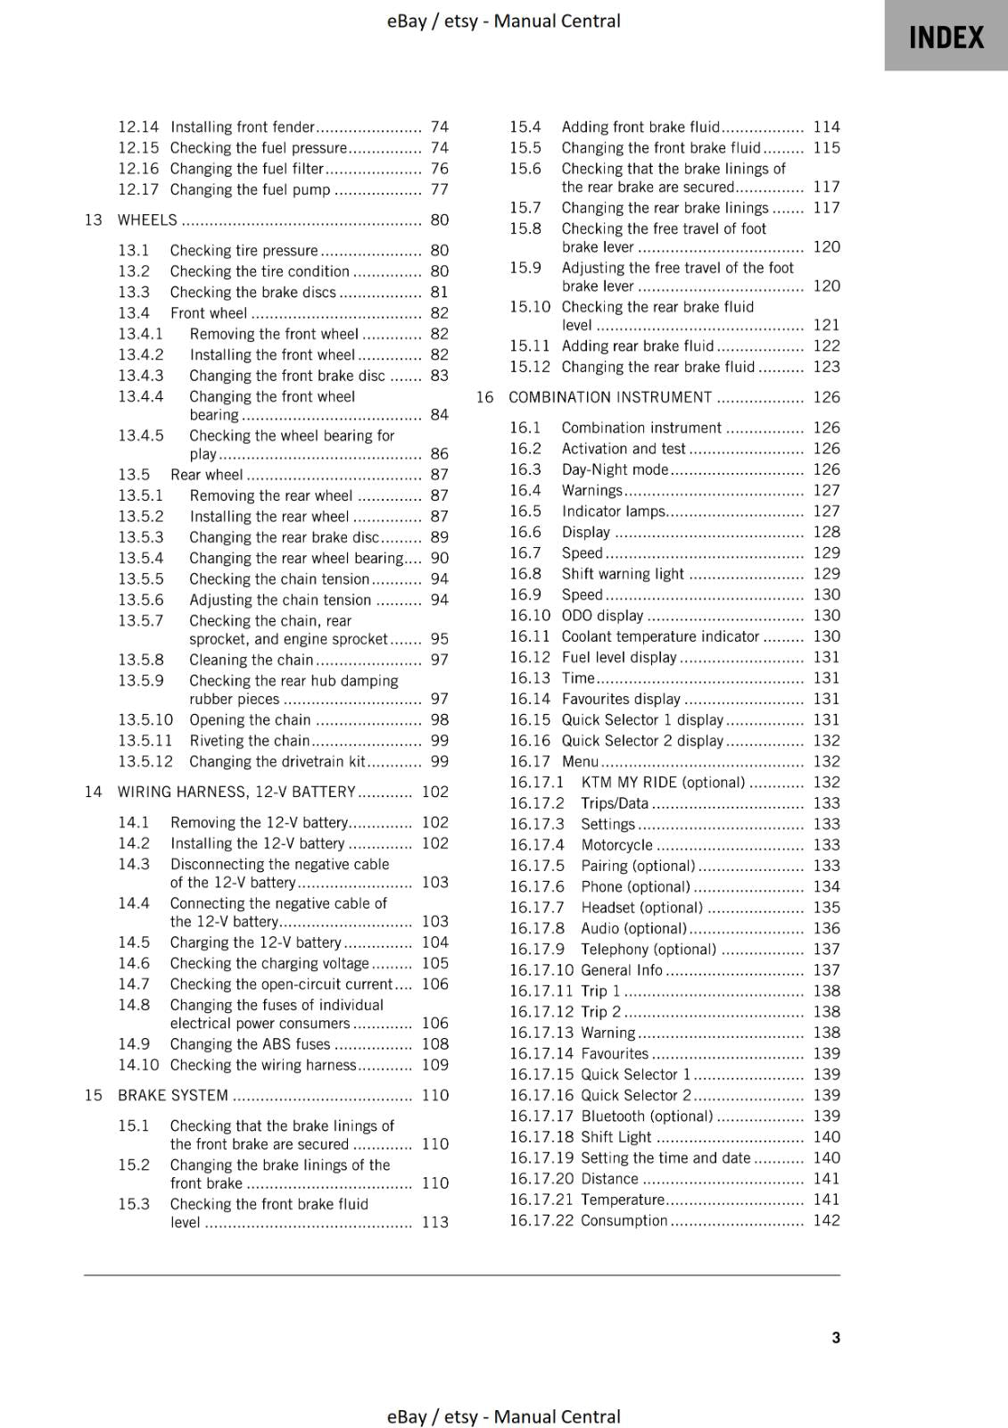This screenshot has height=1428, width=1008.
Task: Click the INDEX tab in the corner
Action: tap(946, 37)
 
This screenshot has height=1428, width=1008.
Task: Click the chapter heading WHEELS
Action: tap(147, 220)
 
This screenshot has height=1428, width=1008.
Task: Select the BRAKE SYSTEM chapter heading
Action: tap(173, 1095)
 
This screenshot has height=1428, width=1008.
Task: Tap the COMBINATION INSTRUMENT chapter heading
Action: tap(610, 397)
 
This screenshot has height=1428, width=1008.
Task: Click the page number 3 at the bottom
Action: tap(836, 1337)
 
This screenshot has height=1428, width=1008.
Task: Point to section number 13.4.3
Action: tap(141, 376)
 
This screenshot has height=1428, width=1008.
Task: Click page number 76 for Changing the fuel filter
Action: tap(439, 169)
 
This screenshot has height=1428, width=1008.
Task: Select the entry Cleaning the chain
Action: tap(251, 660)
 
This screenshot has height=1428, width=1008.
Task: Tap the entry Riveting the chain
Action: tap(249, 741)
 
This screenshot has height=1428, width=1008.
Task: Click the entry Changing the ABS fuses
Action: tap(250, 1044)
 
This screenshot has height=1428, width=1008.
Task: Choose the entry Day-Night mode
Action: tap(615, 469)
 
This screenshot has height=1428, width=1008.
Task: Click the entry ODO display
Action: tap(602, 616)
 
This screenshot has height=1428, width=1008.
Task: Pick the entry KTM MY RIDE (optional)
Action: tap(663, 783)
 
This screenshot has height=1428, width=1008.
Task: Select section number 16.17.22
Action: tap(541, 1220)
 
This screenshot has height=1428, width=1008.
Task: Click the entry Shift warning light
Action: tap(623, 574)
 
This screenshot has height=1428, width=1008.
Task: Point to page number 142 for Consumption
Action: tap(826, 1220)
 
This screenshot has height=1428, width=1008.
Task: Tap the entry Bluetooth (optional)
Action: tap(647, 1116)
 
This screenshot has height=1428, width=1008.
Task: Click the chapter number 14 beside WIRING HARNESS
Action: tap(93, 792)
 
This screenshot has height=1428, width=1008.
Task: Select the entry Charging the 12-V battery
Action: tap(255, 942)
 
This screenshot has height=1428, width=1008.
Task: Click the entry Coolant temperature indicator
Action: tap(660, 636)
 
